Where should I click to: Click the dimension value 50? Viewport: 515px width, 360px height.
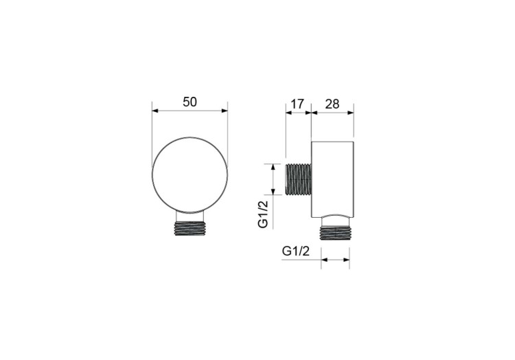[190, 102]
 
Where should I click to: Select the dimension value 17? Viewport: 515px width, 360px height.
[297, 104]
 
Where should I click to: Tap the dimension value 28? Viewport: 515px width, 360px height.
[332, 104]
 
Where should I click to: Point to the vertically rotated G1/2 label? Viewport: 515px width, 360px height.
[263, 213]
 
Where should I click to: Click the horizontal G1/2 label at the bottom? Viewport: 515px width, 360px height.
[297, 251]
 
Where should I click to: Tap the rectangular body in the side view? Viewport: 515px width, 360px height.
[332, 179]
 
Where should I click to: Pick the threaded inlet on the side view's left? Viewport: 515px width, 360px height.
[297, 179]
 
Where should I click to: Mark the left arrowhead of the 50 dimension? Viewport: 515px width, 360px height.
[155, 110]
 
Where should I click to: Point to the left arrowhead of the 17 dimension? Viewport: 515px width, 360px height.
[288, 113]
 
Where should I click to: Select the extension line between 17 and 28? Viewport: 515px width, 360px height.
[311, 124]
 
